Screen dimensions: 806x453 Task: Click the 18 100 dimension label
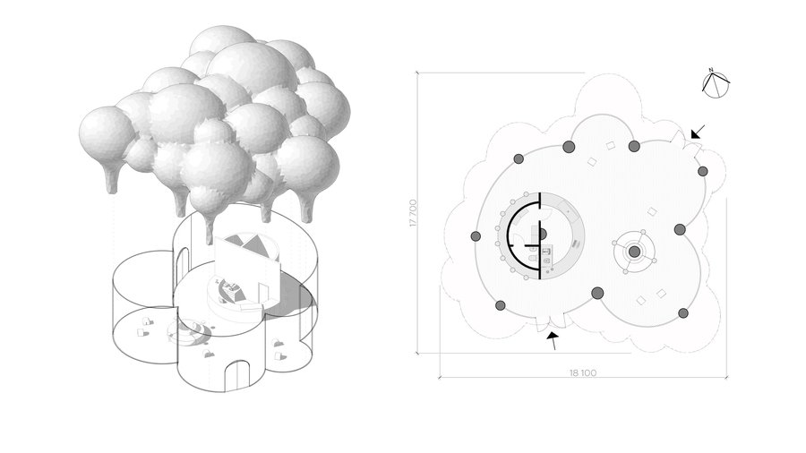(x=583, y=373)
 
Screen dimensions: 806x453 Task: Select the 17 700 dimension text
(x=413, y=213)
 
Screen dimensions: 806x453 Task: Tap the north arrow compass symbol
(x=716, y=85)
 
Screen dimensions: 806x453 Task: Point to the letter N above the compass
(x=711, y=70)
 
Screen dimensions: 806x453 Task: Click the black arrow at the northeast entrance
(x=698, y=132)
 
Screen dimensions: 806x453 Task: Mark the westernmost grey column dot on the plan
(x=476, y=236)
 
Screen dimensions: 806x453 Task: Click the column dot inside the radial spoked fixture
(x=635, y=252)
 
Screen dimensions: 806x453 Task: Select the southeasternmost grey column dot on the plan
(x=683, y=312)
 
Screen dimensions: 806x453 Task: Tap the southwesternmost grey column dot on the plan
(x=500, y=305)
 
